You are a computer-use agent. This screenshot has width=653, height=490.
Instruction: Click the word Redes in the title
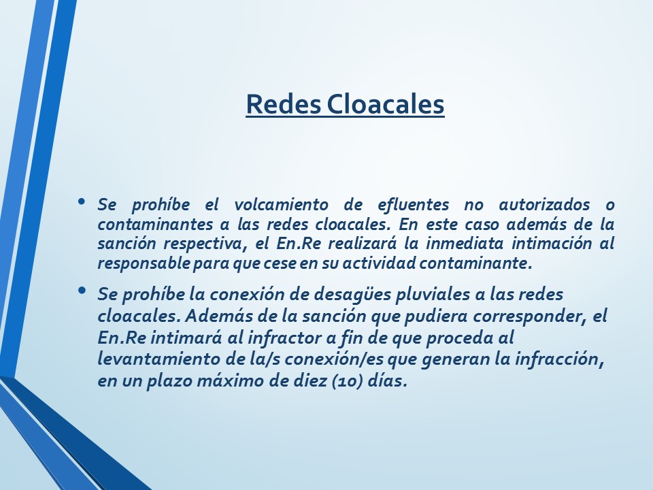pos(284,103)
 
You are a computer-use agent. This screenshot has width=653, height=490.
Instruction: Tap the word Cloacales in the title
pos(385,103)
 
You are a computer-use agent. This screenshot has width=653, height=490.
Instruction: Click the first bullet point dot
pos(82,201)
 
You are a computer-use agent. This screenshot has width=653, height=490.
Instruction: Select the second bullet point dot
pos(82,290)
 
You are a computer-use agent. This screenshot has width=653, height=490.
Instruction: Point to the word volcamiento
pos(281,205)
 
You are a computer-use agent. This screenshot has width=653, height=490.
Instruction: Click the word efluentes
pos(413,205)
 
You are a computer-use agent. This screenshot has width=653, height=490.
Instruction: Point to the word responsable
pos(144,263)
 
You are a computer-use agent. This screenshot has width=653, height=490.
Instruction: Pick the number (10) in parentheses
pos(348,381)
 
